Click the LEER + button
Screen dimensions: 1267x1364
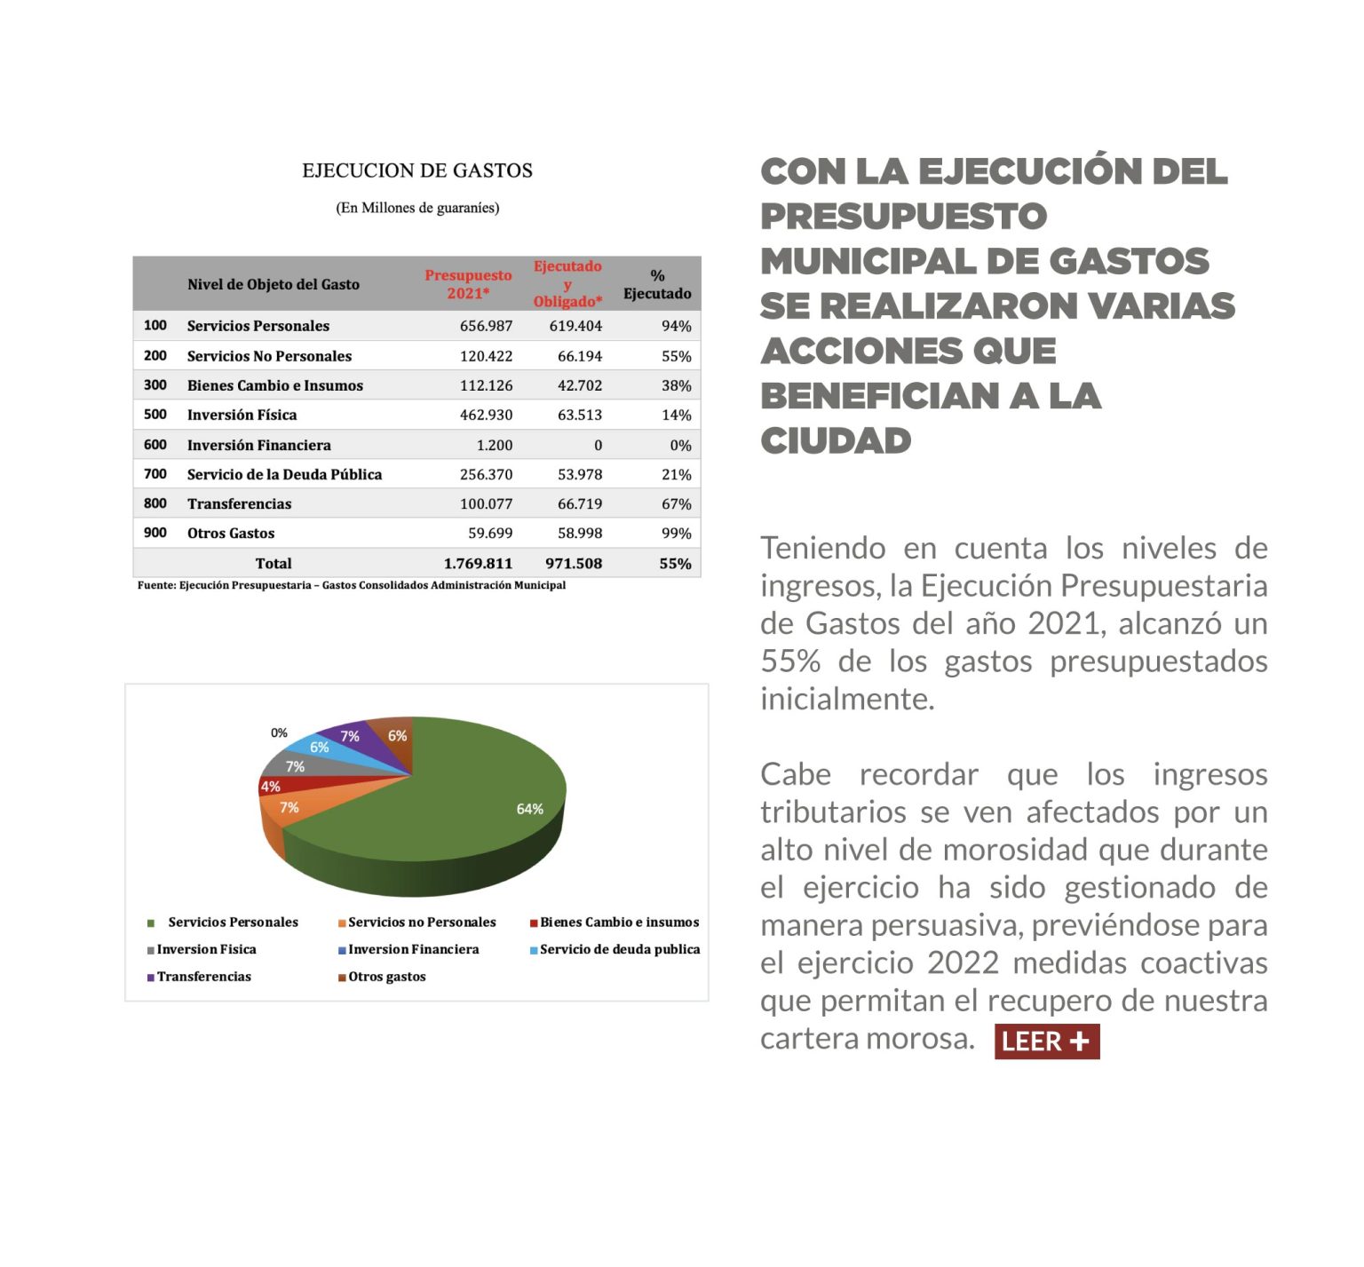pos(1046,1041)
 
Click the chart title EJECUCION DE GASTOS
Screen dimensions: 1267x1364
pos(417,170)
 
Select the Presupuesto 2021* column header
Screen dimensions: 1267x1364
pos(468,284)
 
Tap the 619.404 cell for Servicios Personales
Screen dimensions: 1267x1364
pos(575,326)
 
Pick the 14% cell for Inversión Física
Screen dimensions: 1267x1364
pos(676,415)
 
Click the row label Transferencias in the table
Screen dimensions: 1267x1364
pos(239,503)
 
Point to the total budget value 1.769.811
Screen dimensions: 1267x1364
pos(478,563)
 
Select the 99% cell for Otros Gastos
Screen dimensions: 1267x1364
pos(676,533)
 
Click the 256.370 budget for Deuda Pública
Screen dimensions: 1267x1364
pos(486,474)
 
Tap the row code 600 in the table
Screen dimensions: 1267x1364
pos(155,445)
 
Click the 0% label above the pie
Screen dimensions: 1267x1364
pos(279,732)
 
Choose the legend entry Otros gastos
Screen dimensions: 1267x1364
pos(386,977)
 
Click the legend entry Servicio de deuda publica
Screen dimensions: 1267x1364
pos(619,949)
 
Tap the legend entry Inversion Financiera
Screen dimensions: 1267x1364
pos(413,949)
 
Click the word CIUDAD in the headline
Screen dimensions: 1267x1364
pos(836,440)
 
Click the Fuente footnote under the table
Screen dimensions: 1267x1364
pos(351,585)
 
